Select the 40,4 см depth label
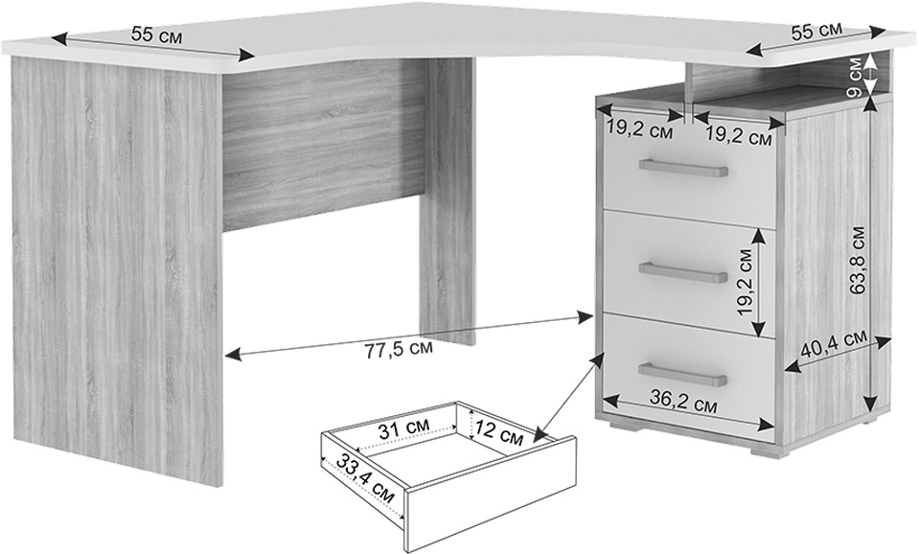[833, 345]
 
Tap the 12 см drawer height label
[497, 432]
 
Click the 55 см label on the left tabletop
[156, 35]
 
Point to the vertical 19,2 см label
[745, 282]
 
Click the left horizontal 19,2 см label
[639, 129]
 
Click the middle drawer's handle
[683, 271]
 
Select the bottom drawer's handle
[683, 374]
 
